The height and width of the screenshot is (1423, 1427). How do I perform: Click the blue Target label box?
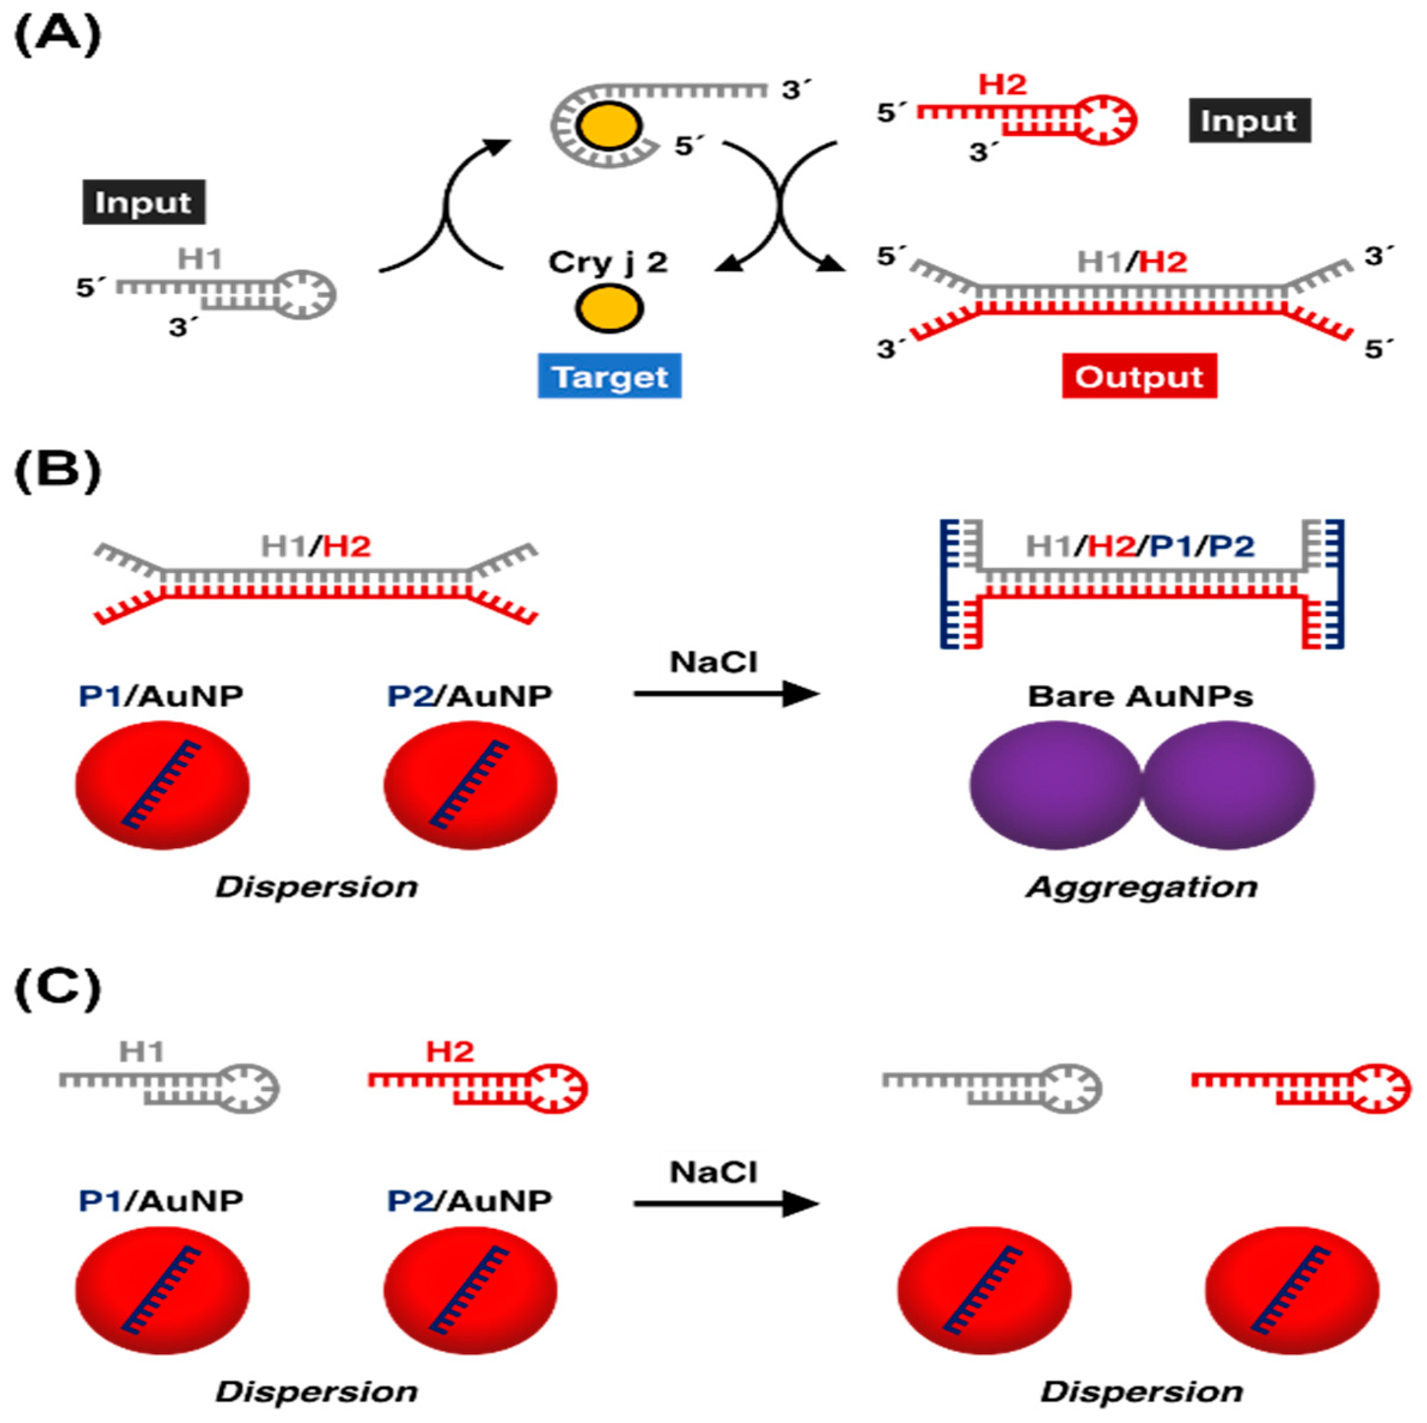point(609,377)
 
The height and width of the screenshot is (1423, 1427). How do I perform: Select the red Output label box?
point(1139,377)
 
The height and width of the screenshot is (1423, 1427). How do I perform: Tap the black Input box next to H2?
point(1249,120)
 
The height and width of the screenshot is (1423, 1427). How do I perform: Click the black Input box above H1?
point(143,201)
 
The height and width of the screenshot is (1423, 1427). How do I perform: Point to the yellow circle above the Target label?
point(609,308)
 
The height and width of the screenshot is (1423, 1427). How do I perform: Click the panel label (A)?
point(57,35)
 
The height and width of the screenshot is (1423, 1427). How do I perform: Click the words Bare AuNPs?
point(1141,696)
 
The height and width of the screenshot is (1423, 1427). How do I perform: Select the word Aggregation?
point(1141,886)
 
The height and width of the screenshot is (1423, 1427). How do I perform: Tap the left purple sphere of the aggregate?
point(1056,785)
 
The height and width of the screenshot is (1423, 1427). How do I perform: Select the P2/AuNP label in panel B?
point(470,696)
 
